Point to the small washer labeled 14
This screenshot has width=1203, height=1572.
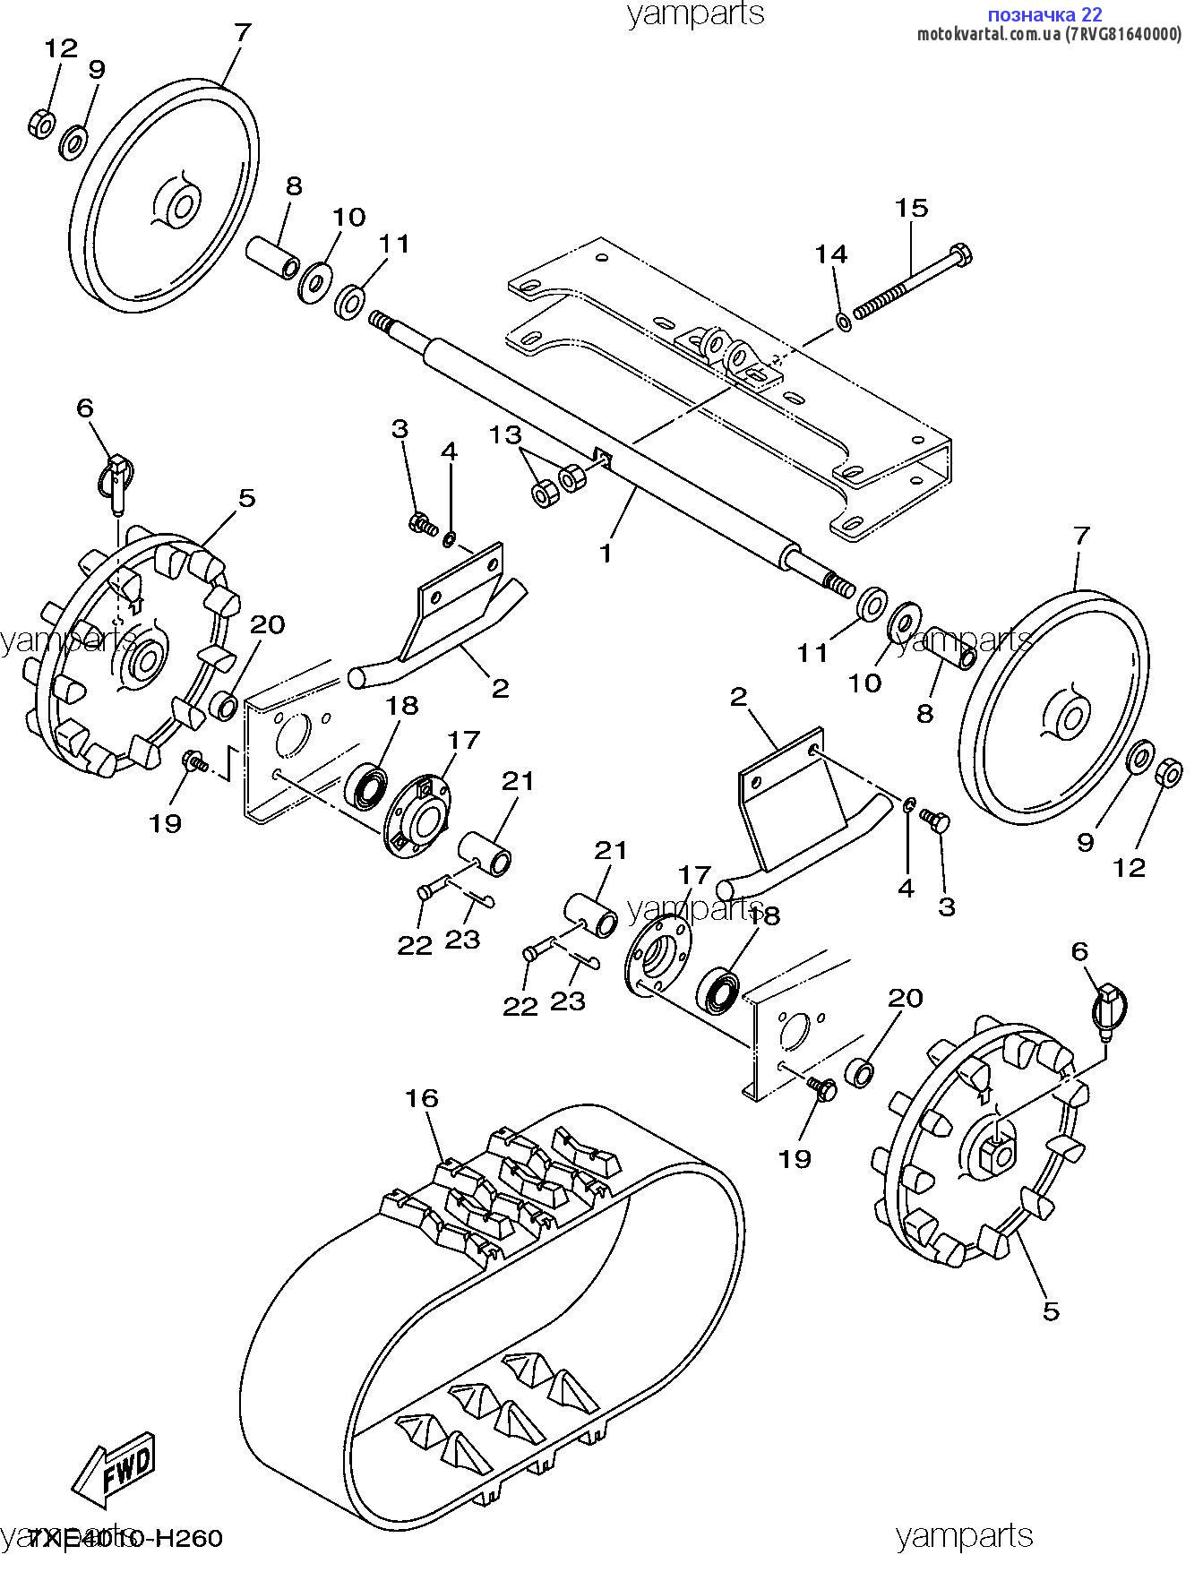843,320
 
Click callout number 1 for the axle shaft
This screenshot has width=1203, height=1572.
606,553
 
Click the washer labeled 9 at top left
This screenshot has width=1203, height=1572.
73,142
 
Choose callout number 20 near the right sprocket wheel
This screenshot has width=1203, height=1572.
905,998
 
